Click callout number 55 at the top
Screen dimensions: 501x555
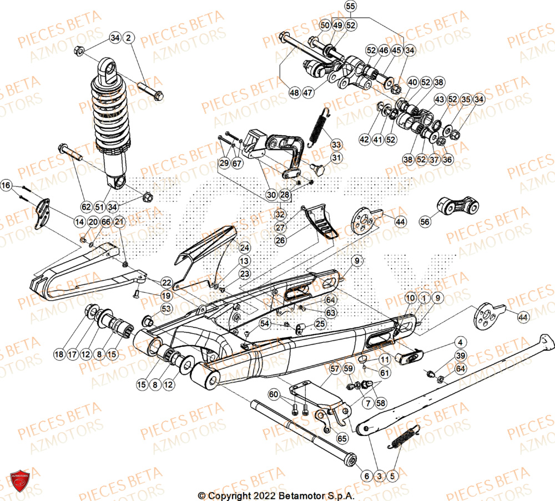tap(349, 7)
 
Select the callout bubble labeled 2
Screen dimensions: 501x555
tap(129, 38)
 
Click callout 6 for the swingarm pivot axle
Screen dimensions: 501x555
tap(366, 476)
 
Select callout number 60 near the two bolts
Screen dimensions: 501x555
tap(274, 394)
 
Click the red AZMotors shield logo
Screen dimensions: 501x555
tap(19, 480)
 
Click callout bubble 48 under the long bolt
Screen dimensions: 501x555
tap(294, 93)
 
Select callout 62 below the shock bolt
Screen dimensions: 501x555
tap(85, 207)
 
